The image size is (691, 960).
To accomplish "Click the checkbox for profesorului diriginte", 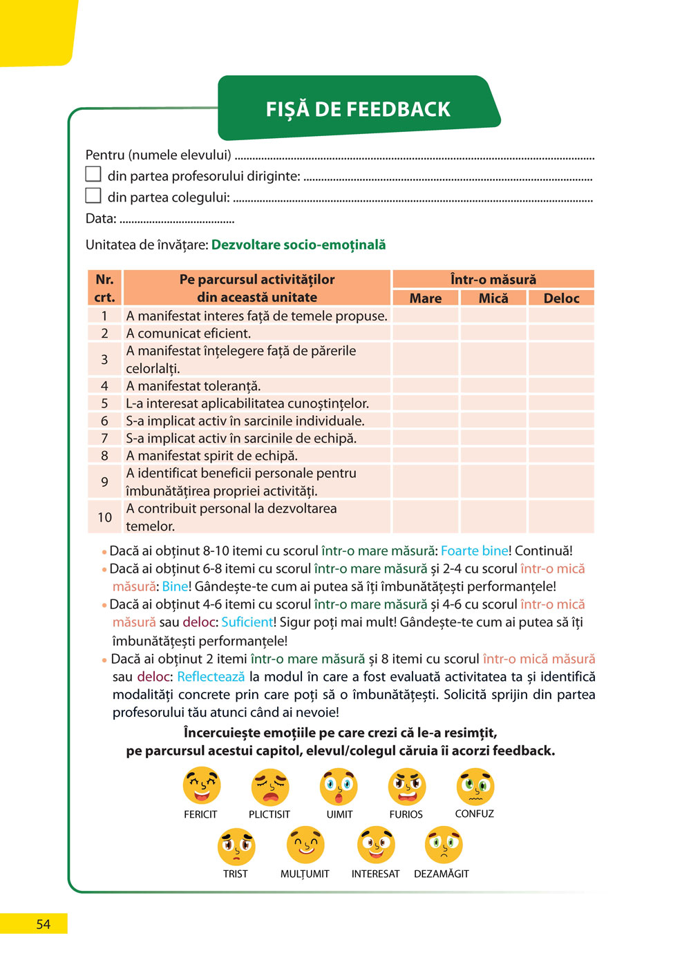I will [93, 174].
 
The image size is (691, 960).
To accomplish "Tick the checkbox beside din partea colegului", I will [93, 195].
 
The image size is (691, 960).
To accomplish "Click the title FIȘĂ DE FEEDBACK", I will [358, 109].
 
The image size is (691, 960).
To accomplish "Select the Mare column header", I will [425, 298].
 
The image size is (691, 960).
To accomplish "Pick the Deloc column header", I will [561, 298].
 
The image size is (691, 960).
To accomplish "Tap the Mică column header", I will [493, 298].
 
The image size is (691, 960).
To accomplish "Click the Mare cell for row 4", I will [425, 386].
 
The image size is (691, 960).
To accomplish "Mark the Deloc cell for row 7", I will [561, 438].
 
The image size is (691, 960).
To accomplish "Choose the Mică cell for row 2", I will [493, 334].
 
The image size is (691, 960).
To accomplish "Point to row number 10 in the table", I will [104, 517].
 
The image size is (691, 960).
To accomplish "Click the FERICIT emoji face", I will [201, 786].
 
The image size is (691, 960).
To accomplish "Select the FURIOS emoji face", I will [406, 786].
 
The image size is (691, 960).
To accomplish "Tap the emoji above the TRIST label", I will [236, 846].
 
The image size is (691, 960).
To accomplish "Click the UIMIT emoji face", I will [339, 787].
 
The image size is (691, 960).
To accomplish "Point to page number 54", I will [43, 924].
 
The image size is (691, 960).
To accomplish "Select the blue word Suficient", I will [247, 622].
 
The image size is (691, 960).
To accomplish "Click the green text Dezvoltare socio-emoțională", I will [299, 245].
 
